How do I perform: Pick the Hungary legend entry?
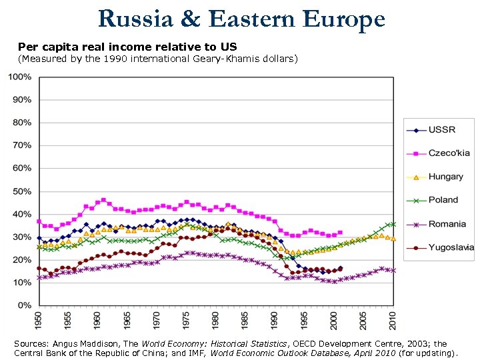pyautogui.click(x=446, y=177)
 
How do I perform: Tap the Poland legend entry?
pyautogui.click(x=443, y=199)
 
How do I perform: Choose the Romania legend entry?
pyautogui.click(x=447, y=224)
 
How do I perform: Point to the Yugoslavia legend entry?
pyautogui.click(x=451, y=247)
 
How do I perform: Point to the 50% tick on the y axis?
pyautogui.click(x=21, y=191)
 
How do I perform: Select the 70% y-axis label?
pyautogui.click(x=21, y=146)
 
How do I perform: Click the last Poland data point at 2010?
pyautogui.click(x=393, y=224)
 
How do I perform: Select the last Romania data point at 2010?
pyautogui.click(x=393, y=271)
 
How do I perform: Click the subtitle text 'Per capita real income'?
pyautogui.click(x=77, y=47)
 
